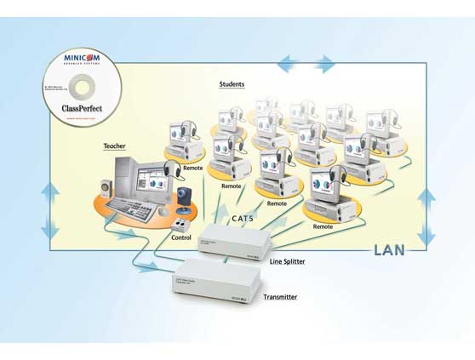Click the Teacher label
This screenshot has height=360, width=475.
(x=114, y=146)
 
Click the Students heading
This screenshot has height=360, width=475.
(x=232, y=84)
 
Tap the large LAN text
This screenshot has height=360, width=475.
(x=391, y=250)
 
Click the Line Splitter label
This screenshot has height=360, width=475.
(x=287, y=261)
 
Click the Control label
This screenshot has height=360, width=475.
(x=181, y=238)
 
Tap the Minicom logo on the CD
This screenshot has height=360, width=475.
(x=82, y=58)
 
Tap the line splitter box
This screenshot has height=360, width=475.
(x=234, y=242)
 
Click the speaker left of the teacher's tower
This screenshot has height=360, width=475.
(x=106, y=190)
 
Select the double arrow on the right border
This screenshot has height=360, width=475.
(x=426, y=217)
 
